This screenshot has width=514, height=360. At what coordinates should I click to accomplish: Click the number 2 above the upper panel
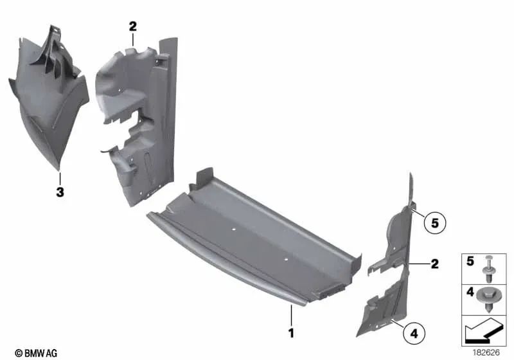132,26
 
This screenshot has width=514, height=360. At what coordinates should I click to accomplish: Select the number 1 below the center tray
290,333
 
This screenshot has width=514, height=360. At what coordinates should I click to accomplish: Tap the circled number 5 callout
434,224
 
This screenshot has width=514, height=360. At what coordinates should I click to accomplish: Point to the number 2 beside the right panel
434,264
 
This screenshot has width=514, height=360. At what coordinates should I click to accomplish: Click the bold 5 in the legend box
470,262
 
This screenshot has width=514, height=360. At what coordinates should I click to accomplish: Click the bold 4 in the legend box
470,292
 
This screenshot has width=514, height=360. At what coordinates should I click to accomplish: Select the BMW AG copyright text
36,352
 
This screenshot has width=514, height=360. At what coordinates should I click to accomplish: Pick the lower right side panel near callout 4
385,309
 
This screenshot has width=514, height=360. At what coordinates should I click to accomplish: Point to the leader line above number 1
290,316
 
